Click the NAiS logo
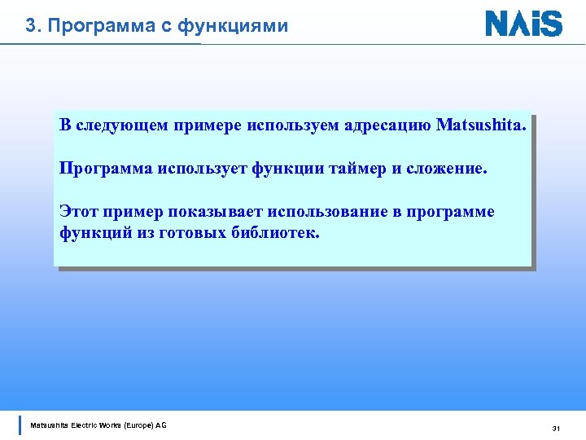click(523, 23)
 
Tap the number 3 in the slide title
click(30, 26)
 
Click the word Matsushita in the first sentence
click(483, 126)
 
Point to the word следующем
click(120, 126)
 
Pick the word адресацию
click(388, 126)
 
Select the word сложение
click(444, 169)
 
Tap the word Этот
click(78, 213)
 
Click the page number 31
click(557, 428)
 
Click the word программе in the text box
click(452, 213)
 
